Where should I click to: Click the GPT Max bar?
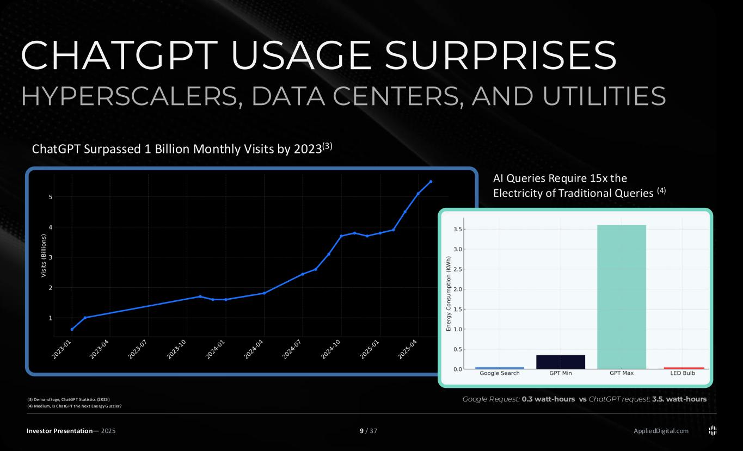pos(622,296)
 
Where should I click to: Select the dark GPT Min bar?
pos(561,362)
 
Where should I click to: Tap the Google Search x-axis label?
pos(499,373)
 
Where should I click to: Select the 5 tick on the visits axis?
pos(50,197)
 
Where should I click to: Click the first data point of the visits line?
pos(72,329)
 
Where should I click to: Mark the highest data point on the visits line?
pos(431,182)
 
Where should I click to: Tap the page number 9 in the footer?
pos(362,431)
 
